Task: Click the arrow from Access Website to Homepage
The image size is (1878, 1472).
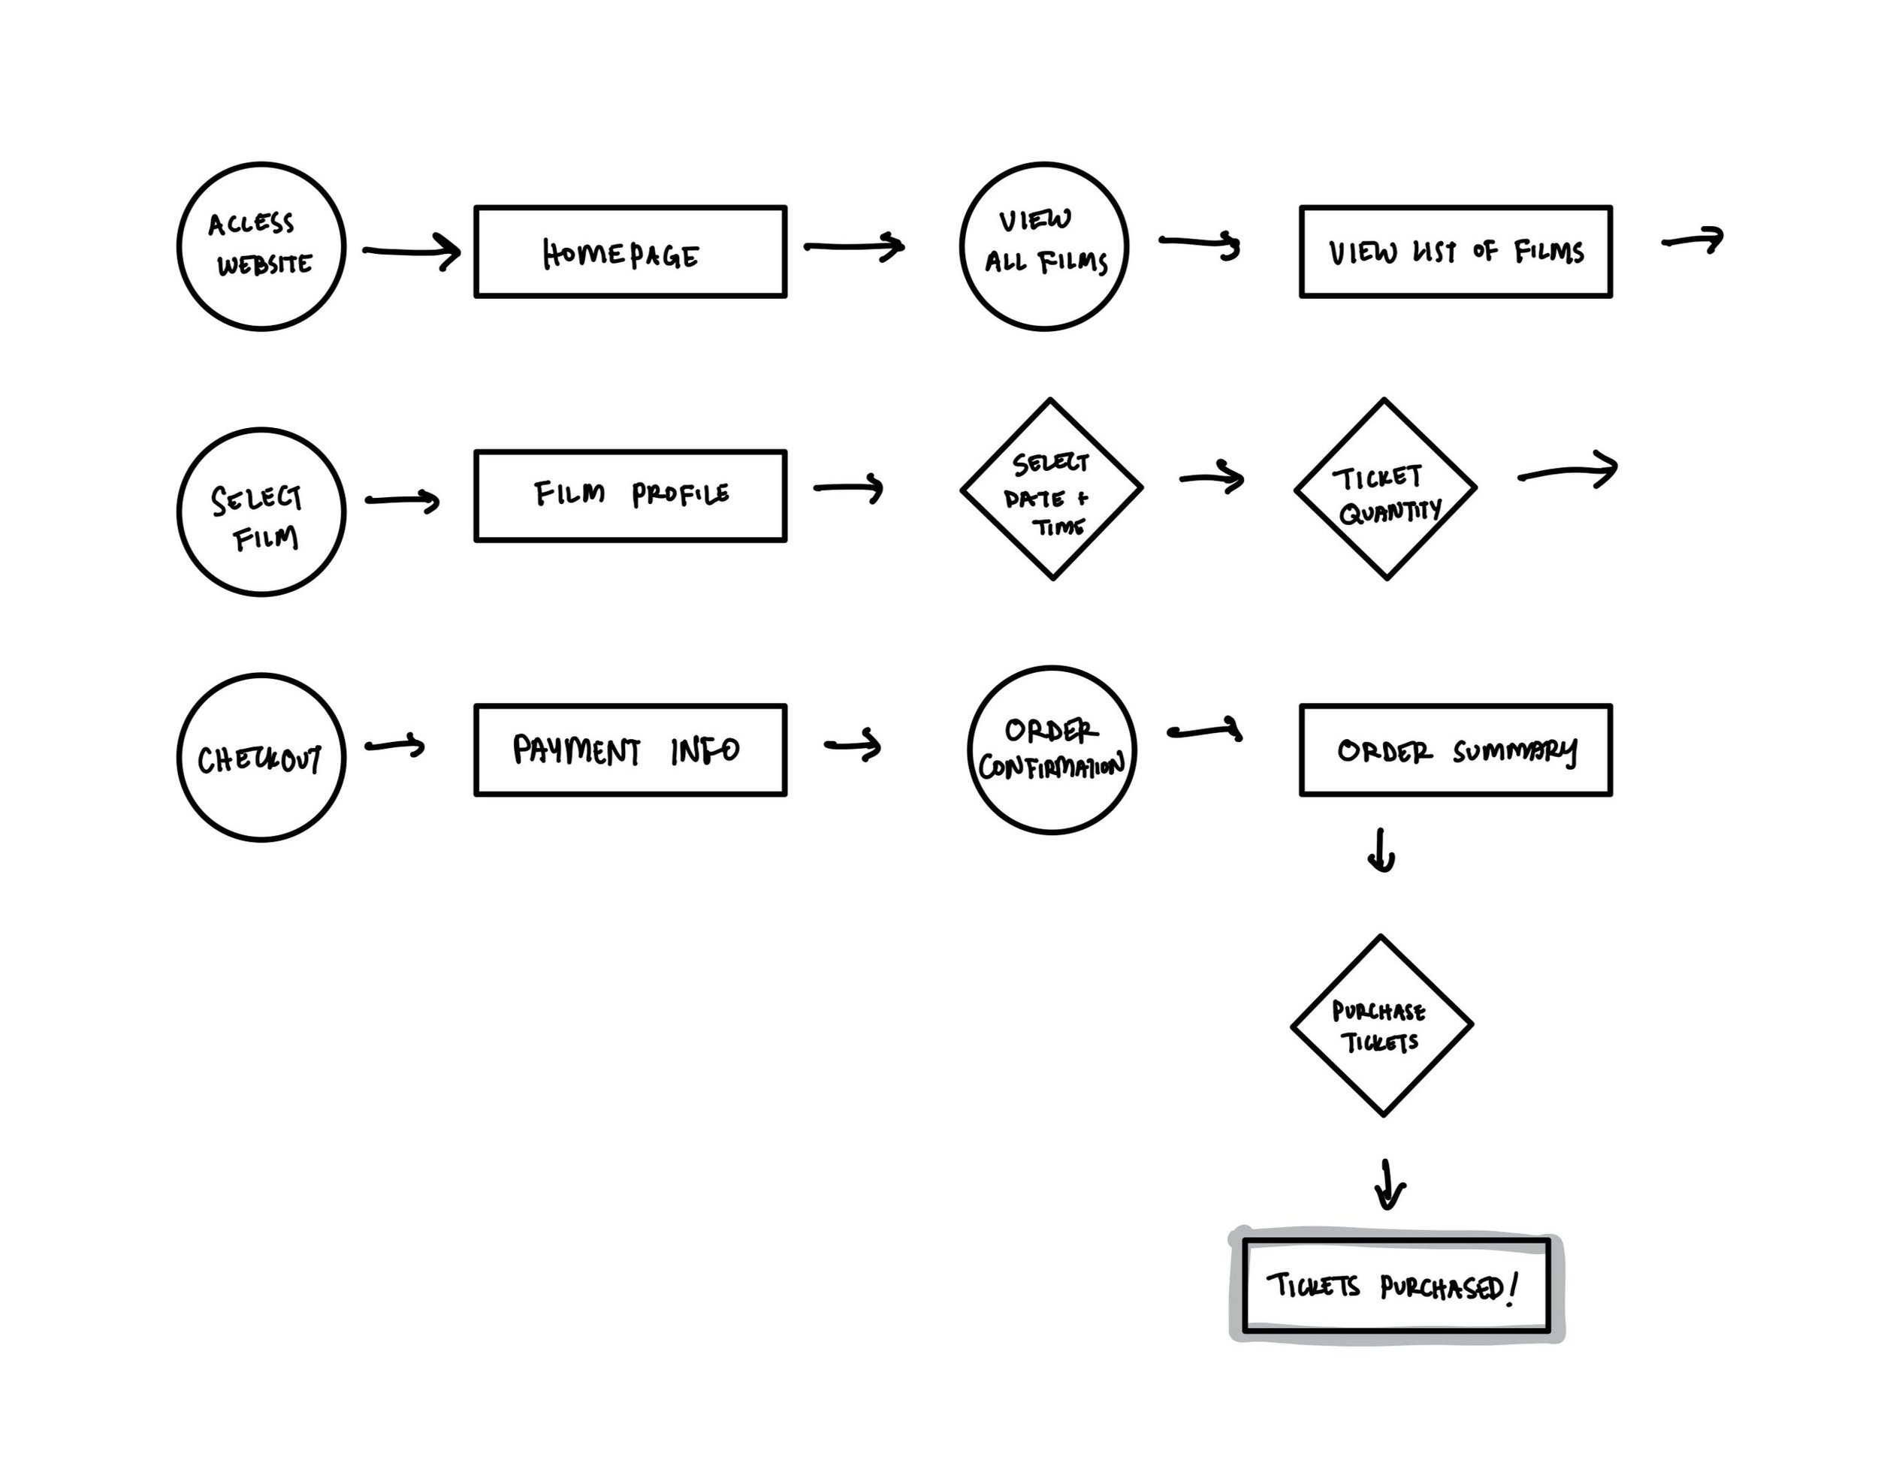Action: click(x=411, y=252)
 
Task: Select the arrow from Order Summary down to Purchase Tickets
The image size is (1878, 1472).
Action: click(x=1381, y=851)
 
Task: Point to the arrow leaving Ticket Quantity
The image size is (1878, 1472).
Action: click(x=1568, y=471)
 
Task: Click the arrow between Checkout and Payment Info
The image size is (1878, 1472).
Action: click(x=394, y=746)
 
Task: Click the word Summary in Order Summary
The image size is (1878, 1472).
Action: click(x=1515, y=753)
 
